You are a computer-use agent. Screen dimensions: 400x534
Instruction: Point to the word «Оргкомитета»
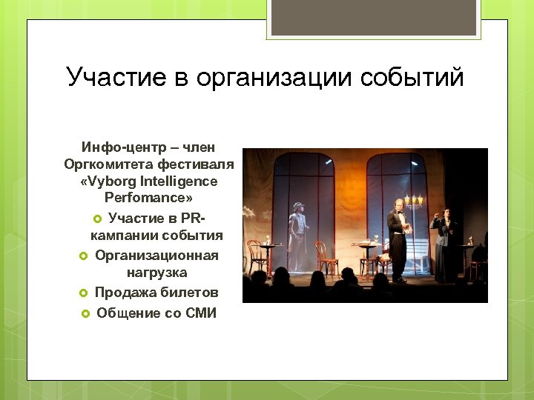tap(110, 164)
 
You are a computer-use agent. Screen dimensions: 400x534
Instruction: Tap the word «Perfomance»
tap(144, 199)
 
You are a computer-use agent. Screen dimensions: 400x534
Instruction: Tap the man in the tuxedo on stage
tap(398, 237)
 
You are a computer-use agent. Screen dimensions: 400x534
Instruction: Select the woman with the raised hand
tap(446, 244)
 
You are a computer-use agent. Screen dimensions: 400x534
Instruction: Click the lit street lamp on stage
tap(414, 201)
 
